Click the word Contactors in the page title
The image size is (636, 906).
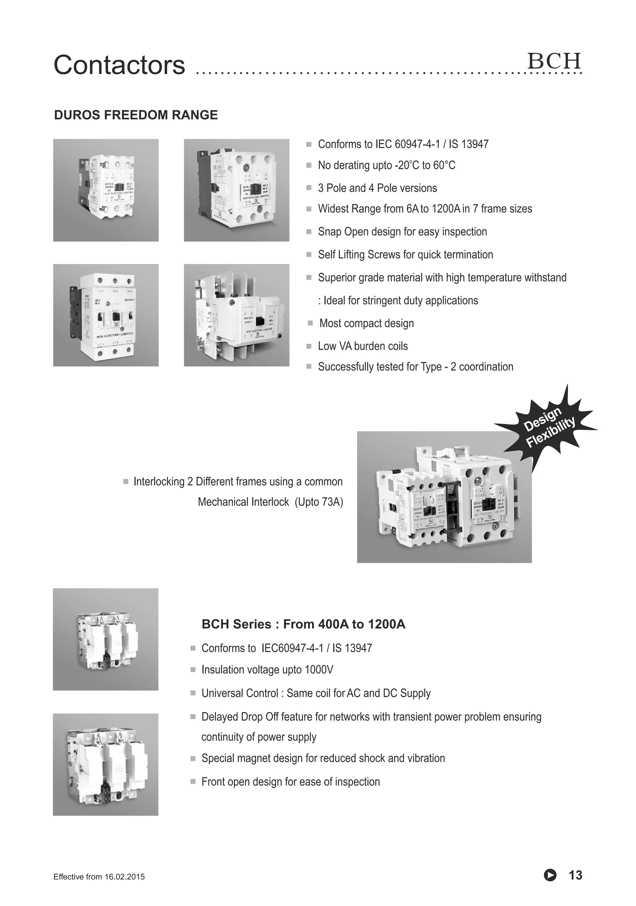point(119,65)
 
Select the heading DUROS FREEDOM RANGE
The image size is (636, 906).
point(136,115)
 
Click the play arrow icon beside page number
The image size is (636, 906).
point(550,875)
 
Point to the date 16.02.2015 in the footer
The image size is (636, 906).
point(124,877)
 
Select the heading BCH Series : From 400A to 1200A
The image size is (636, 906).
point(303,624)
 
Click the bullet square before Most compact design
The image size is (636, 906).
point(310,324)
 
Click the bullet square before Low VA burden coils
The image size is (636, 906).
point(309,346)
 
